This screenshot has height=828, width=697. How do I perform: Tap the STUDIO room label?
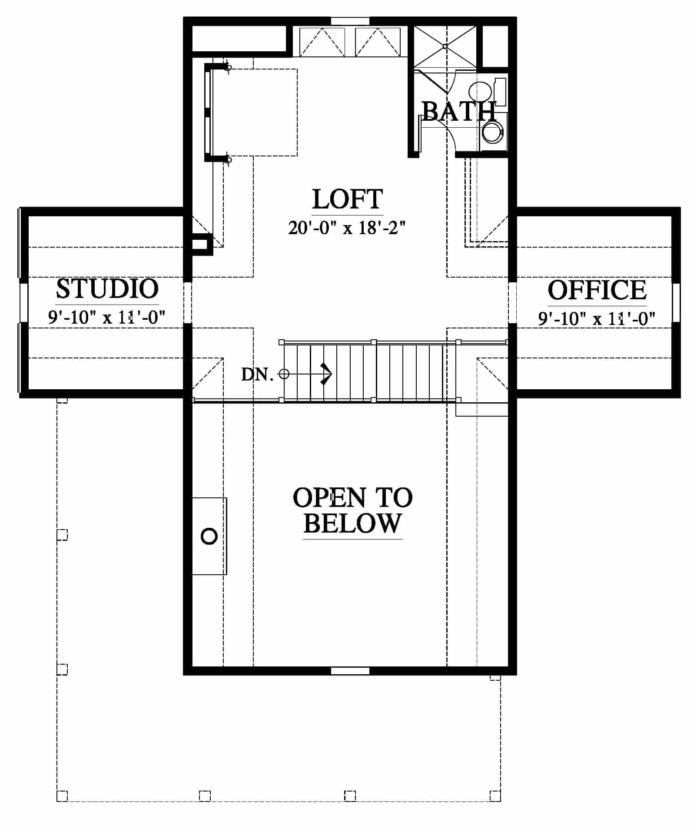click(107, 288)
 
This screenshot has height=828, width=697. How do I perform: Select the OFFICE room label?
click(597, 290)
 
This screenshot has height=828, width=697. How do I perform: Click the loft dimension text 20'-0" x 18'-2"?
click(347, 227)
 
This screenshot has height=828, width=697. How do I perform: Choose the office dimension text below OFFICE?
click(597, 318)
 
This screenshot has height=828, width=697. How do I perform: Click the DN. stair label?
click(257, 374)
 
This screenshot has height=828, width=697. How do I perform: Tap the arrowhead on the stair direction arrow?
click(327, 374)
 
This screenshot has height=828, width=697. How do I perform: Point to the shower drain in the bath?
click(445, 46)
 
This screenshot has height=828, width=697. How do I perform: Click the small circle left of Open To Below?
click(209, 537)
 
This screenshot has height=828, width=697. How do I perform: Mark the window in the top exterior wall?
click(350, 21)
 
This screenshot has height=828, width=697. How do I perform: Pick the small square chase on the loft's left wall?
click(200, 244)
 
